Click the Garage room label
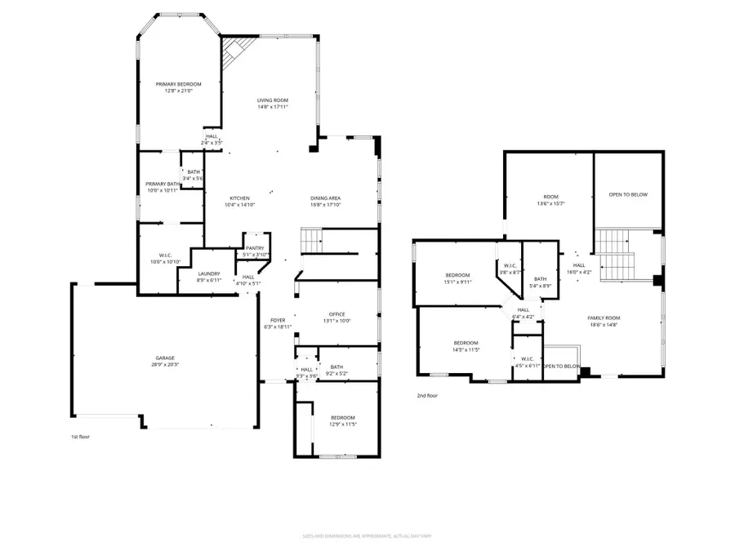coord(166,362)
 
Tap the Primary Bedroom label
coord(179,87)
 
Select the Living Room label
coord(273,104)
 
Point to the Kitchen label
coord(240,202)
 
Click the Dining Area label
coord(325,202)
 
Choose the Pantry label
coord(256,251)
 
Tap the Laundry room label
coord(210,277)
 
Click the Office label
coord(337,318)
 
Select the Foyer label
coord(278,323)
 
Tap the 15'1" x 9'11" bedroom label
coord(457,278)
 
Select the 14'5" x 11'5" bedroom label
coord(465,346)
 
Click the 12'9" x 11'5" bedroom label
coord(343,420)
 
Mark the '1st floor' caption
coord(80,438)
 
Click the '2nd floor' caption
coord(428,397)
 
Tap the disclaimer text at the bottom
coord(367,537)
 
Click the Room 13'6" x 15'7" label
coord(551,201)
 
